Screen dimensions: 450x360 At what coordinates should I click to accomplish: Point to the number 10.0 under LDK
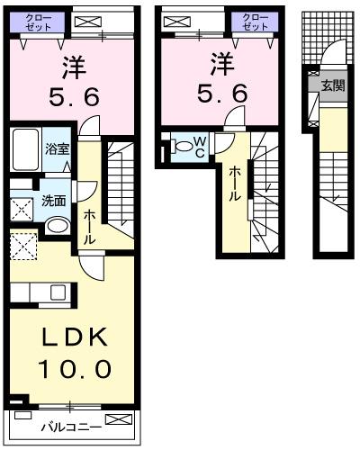pyautogui.click(x=75, y=368)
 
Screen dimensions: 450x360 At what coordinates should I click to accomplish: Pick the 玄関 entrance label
pyautogui.click(x=333, y=85)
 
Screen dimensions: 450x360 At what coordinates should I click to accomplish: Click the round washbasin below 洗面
pyautogui.click(x=58, y=224)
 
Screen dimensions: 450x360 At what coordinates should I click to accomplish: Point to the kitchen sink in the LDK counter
pyautogui.click(x=58, y=292)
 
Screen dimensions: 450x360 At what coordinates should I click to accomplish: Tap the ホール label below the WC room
pyautogui.click(x=235, y=184)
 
